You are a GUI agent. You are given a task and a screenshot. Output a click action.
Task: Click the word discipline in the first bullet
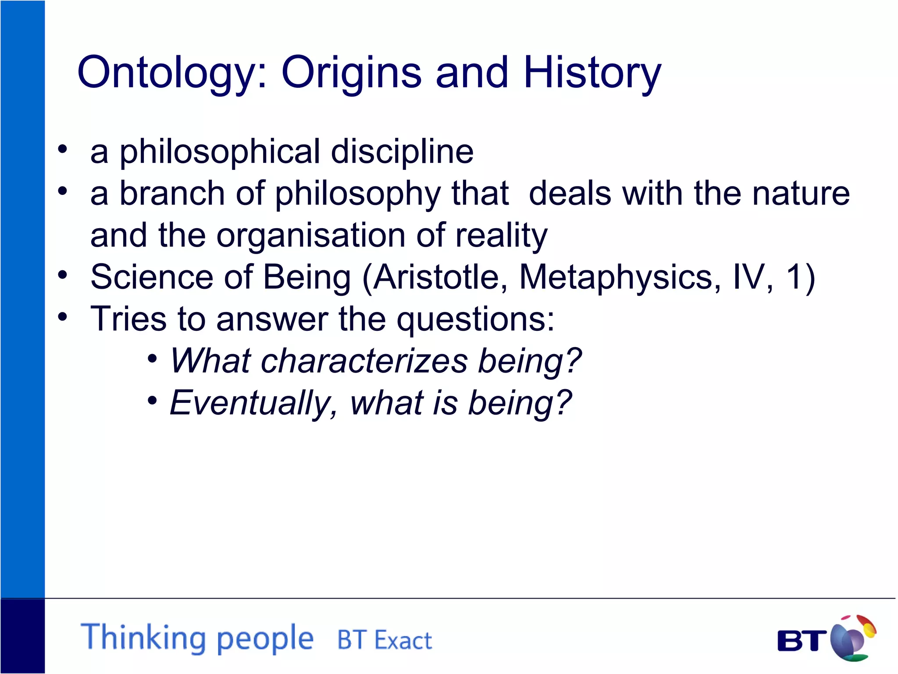click(x=402, y=152)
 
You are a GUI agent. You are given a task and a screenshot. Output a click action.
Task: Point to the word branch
click(x=172, y=194)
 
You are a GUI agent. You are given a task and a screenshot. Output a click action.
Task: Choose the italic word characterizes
click(x=364, y=361)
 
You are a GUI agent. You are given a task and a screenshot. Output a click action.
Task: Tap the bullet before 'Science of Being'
click(x=63, y=275)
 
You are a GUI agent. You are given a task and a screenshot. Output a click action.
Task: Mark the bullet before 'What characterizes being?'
click(x=152, y=359)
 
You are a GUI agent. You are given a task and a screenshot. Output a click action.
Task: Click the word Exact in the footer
click(x=403, y=640)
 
